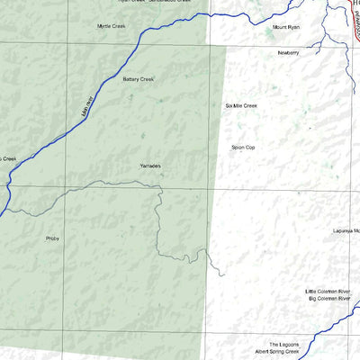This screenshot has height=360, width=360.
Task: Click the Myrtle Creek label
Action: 112,26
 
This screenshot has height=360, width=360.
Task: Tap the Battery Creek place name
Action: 138,79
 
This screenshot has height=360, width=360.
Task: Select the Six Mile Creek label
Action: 241,106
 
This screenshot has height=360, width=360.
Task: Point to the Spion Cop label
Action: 243,146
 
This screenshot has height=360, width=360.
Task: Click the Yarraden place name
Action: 150,166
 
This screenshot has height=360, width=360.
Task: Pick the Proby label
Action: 51,238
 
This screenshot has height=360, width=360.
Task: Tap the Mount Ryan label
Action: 286,28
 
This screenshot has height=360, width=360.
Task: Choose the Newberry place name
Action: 288,53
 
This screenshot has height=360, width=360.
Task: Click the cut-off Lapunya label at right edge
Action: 345,229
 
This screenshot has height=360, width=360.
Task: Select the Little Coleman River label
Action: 331,292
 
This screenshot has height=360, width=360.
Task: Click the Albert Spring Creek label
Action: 275,352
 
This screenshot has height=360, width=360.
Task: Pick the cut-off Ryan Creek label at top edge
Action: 130,2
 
